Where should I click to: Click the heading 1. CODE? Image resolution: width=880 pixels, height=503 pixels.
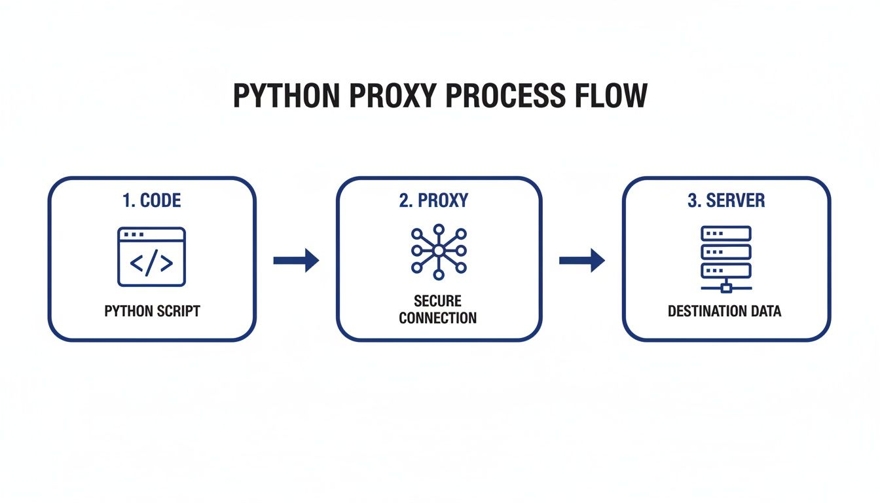(151, 200)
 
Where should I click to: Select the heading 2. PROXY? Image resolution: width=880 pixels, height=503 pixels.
(433, 200)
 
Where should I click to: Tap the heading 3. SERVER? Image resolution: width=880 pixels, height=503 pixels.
(726, 200)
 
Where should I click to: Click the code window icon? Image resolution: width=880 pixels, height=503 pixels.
(151, 257)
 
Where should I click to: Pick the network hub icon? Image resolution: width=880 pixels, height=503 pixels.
(438, 250)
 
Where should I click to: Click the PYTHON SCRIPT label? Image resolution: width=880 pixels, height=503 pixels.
(152, 310)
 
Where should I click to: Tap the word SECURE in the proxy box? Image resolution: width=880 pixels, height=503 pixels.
(437, 301)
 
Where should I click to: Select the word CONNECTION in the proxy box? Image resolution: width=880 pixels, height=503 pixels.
(437, 318)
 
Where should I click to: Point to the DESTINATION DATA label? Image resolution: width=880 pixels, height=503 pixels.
(725, 311)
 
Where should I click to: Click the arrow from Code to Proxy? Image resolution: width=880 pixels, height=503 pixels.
(296, 261)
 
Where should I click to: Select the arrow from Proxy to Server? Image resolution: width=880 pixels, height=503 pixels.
(581, 261)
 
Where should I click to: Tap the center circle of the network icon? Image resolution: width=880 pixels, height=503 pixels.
(438, 250)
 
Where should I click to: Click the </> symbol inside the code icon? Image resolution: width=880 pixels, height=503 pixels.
(151, 263)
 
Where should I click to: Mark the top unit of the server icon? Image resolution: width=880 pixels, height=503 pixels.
(726, 233)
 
